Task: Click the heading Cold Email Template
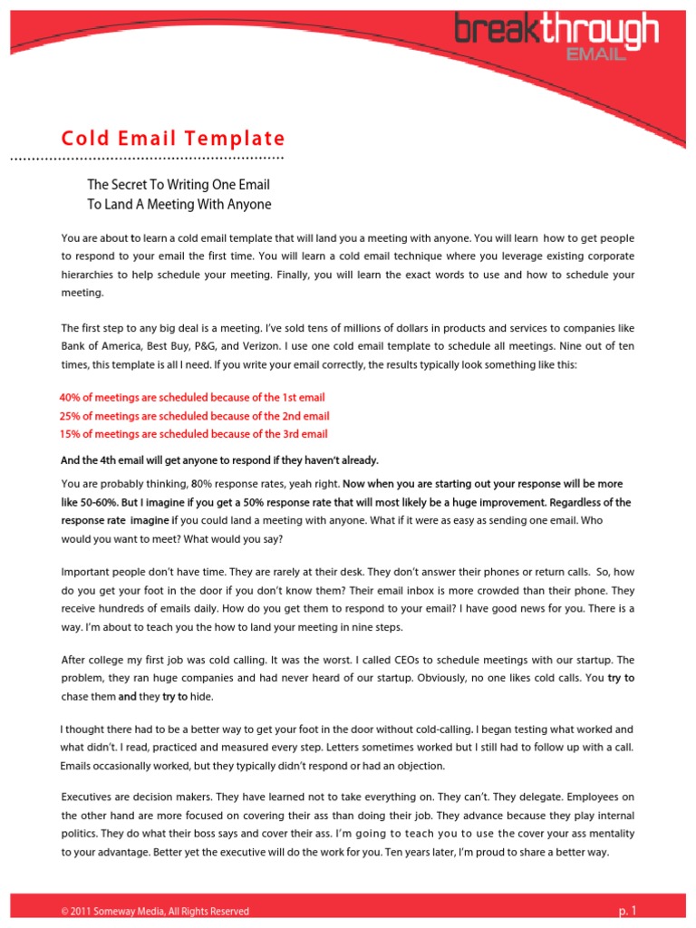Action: point(172,139)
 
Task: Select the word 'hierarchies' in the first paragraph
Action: point(91,275)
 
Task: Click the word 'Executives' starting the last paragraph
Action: point(90,797)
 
